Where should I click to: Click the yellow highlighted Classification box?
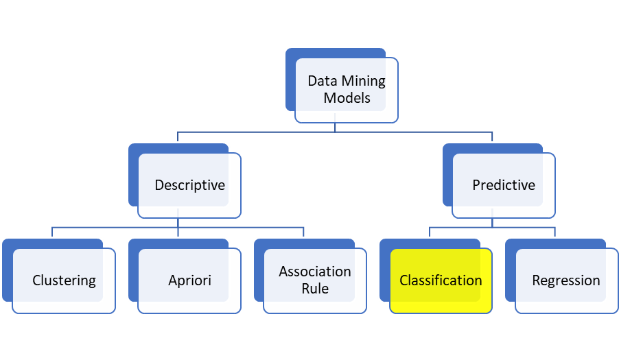tap(441, 280)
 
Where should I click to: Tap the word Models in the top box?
tap(347, 98)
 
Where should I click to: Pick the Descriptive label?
tap(189, 185)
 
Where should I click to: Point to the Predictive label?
tap(504, 185)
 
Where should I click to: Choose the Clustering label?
tap(64, 280)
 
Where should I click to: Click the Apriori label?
tap(189, 280)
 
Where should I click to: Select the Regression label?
tap(566, 280)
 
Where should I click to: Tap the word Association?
tap(315, 272)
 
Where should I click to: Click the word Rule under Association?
tap(315, 289)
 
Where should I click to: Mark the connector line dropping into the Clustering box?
tap(53, 232)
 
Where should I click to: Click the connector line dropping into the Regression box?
tap(555, 232)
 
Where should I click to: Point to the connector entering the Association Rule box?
tap(304, 232)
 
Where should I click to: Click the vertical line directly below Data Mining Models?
tap(336, 127)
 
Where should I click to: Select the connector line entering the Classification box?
tap(430, 232)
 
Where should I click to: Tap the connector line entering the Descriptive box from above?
tap(178, 136)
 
